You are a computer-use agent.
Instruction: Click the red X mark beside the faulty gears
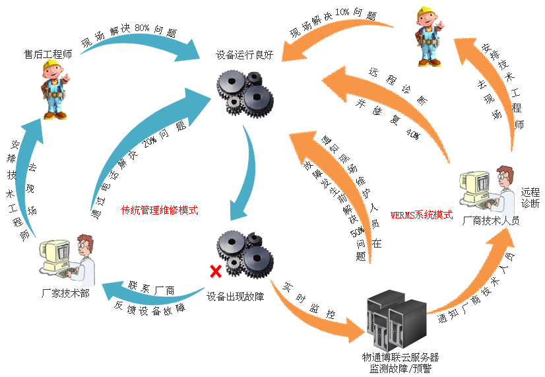214,271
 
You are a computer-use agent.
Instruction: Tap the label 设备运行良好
244,56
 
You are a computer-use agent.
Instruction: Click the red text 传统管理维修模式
159,211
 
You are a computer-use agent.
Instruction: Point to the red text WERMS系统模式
421,215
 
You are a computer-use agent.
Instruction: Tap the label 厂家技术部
65,293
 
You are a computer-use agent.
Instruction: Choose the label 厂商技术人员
491,221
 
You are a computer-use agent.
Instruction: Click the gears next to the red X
245,254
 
